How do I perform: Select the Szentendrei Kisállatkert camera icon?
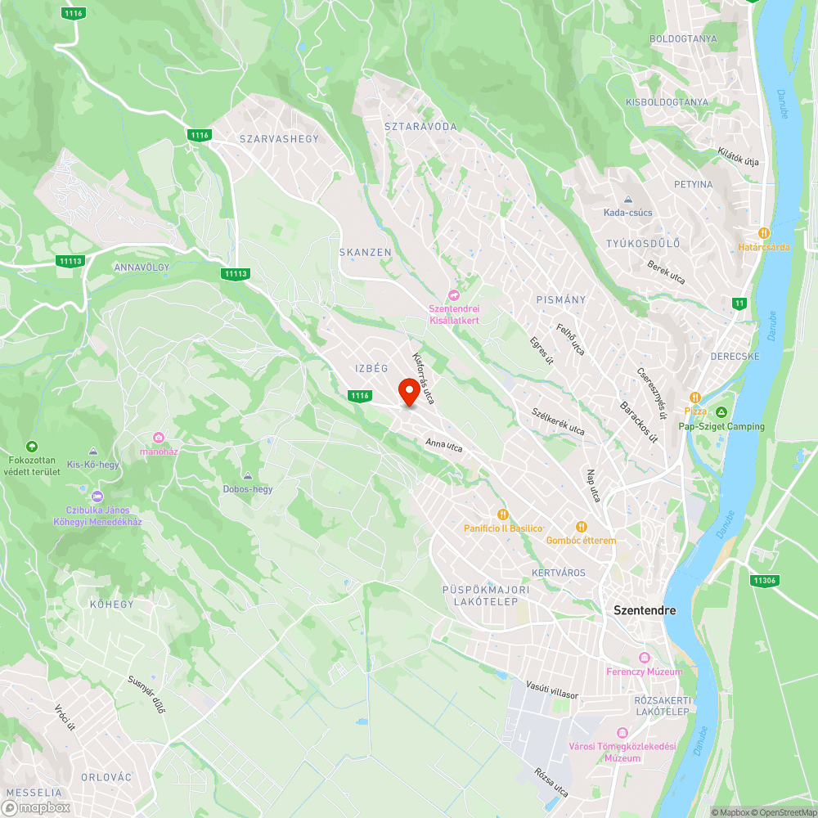pyautogui.click(x=454, y=295)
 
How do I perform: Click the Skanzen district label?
pyautogui.click(x=366, y=253)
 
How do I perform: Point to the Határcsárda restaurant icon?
pyautogui.click(x=764, y=232)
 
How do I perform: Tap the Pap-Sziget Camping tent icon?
pyautogui.click(x=721, y=411)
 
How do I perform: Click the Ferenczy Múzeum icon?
pyautogui.click(x=644, y=658)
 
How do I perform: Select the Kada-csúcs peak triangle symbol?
pyautogui.click(x=627, y=200)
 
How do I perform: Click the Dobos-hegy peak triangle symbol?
pyautogui.click(x=247, y=475)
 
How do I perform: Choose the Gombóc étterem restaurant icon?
pyautogui.click(x=581, y=526)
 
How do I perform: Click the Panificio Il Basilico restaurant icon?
pyautogui.click(x=503, y=514)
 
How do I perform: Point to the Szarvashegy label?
pyautogui.click(x=279, y=139)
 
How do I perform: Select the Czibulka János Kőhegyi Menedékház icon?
pyautogui.click(x=97, y=496)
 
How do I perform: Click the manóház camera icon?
pyautogui.click(x=158, y=437)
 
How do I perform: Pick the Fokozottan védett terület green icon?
pyautogui.click(x=32, y=446)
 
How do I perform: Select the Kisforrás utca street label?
pyautogui.click(x=423, y=378)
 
